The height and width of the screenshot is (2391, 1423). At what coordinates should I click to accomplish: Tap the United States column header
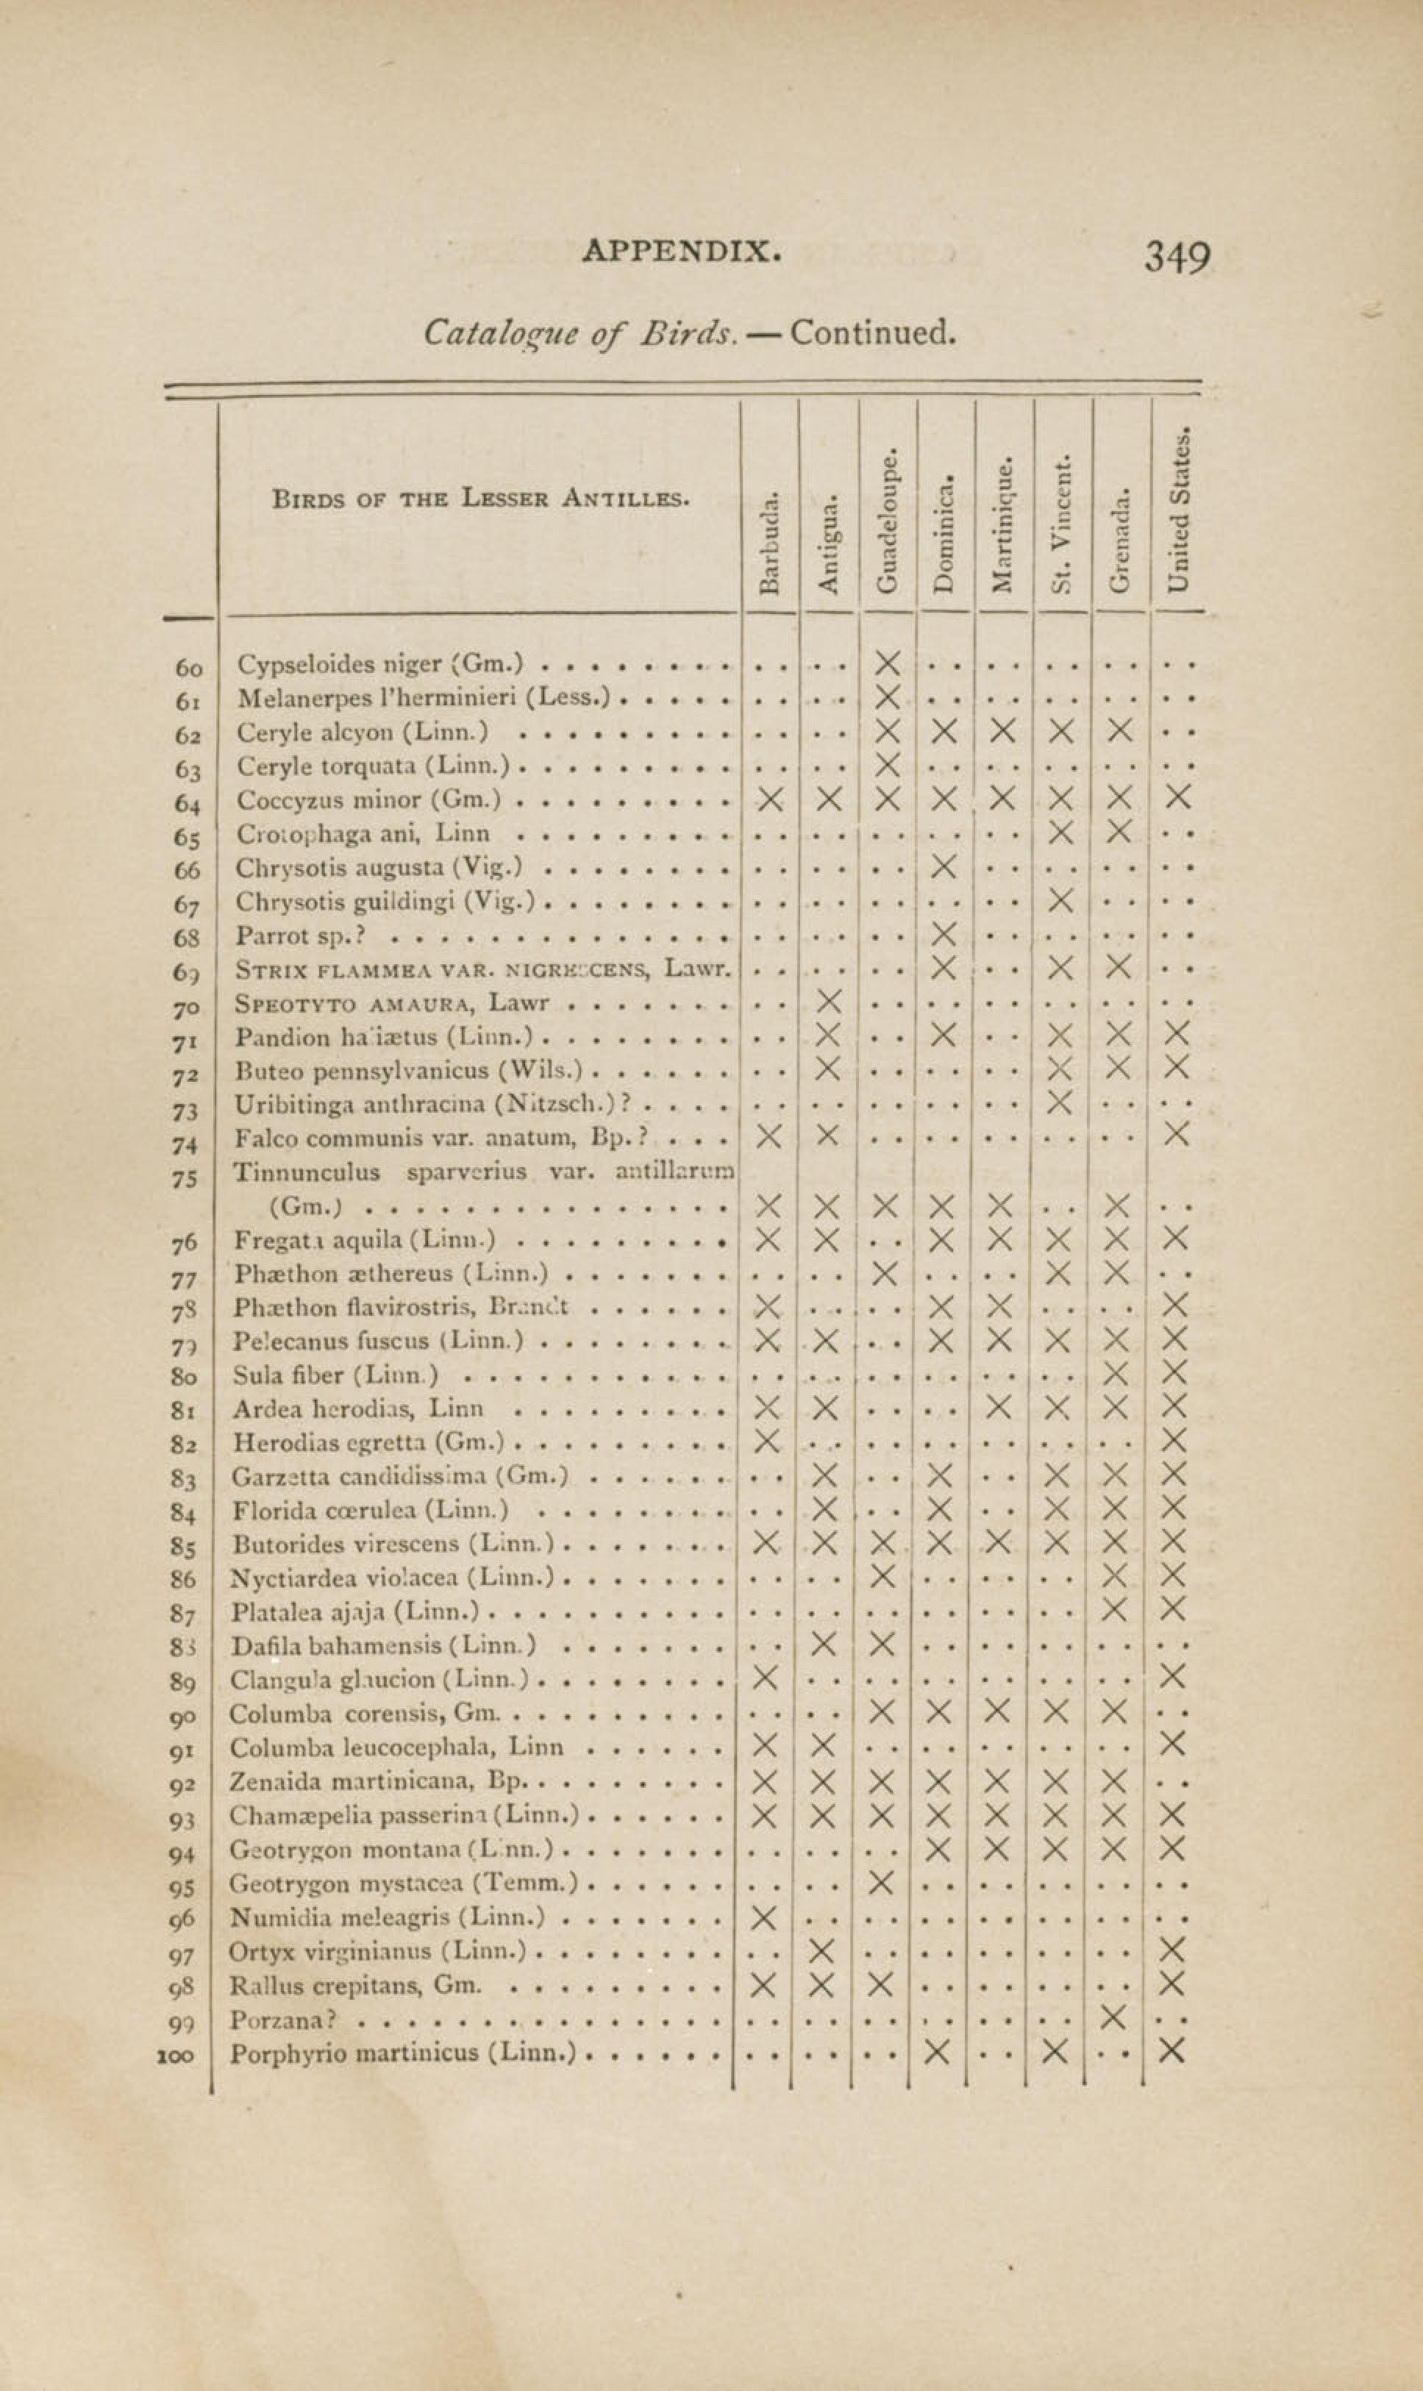[x=1180, y=509]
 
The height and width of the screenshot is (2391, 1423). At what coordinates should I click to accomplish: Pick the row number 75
[x=184, y=1177]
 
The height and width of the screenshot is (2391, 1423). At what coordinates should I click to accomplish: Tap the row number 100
[x=177, y=2053]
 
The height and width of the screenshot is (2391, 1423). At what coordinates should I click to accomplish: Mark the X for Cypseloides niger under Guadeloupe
[x=888, y=663]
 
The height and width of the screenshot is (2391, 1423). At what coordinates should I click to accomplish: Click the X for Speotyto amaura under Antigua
[x=830, y=1002]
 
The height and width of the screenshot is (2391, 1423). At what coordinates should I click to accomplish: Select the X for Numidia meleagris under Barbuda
[x=764, y=1917]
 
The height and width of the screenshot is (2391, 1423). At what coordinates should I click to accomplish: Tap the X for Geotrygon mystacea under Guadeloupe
[x=881, y=1882]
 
